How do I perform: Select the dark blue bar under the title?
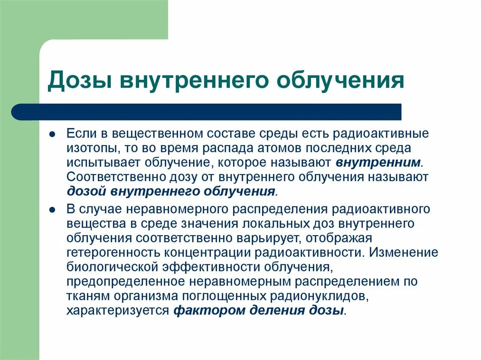tap(207, 112)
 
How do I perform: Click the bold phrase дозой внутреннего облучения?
tap(171, 192)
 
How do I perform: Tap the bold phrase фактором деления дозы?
tap(259, 311)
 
